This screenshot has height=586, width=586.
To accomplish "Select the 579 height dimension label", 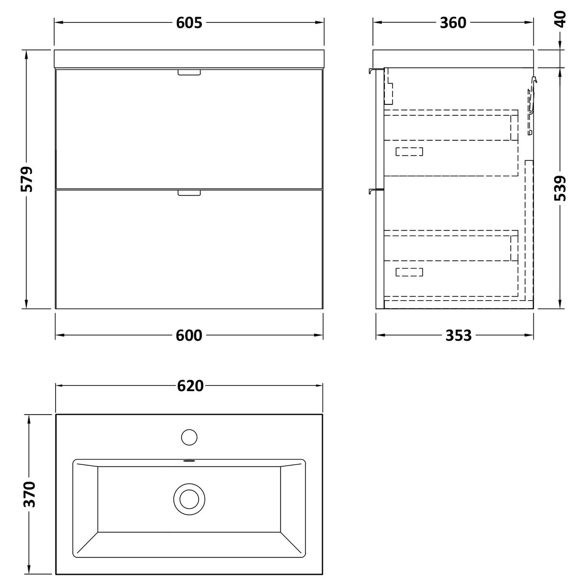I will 27,179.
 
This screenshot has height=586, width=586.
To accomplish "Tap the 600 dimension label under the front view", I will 189,336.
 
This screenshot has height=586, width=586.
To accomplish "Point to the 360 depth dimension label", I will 452,23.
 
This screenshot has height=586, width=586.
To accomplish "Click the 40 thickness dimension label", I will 561,19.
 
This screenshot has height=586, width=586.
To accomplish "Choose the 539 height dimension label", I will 561,188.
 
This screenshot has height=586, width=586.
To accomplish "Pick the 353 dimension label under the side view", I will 458,336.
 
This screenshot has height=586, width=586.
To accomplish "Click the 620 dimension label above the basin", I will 190,386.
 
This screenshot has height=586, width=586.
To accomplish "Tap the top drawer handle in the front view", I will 190,72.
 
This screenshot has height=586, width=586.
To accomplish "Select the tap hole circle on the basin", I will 190,437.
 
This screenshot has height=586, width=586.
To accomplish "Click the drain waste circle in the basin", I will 190,499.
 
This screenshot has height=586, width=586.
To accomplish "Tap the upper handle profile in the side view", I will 375,71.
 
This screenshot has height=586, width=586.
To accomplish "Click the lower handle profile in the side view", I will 375,192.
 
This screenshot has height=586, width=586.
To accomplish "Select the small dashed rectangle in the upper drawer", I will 409,152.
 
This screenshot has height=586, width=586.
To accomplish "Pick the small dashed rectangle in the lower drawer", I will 409,272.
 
